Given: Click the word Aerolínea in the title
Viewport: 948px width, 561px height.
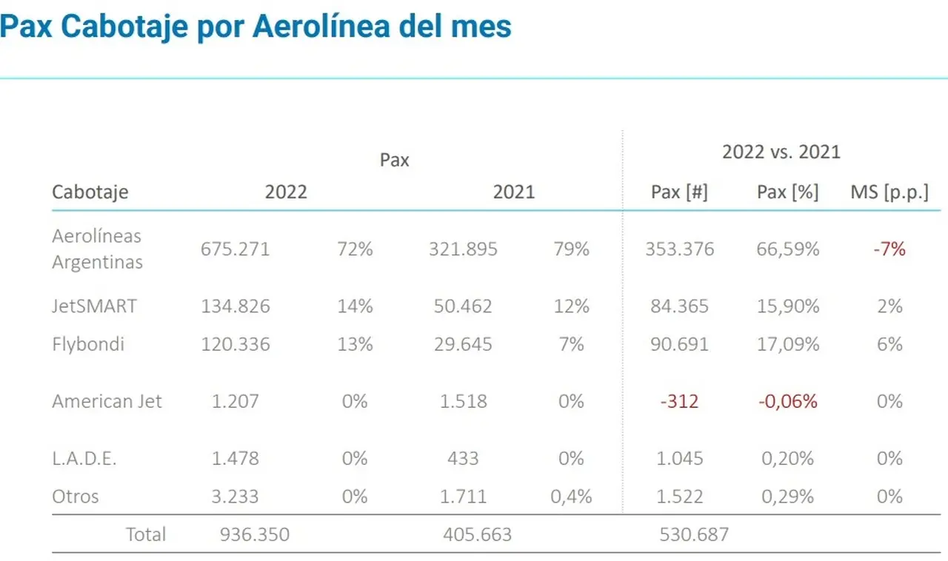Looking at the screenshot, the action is coord(321,26).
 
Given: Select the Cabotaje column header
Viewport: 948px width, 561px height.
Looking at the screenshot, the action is coord(90,192).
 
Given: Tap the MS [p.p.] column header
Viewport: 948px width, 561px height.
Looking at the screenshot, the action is coord(889,192).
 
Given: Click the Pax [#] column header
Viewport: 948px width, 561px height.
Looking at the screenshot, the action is coord(679,192).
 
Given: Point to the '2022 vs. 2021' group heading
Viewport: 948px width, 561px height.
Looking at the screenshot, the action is coord(781,152).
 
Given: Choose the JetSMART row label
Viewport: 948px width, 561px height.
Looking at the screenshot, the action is coord(94,306).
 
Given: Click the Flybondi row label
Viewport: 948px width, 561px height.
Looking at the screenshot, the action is coord(88,344).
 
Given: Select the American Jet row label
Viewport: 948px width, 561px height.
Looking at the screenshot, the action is coord(107,401).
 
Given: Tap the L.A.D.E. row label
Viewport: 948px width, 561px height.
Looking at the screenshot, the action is coord(84,458).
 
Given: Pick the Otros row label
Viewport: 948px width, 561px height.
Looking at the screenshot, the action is coord(76,497).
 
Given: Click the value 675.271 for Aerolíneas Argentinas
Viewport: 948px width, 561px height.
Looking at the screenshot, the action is coord(236,249).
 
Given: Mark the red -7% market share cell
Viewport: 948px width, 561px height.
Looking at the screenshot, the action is coord(889,249).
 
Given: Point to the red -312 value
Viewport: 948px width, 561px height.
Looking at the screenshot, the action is coord(679,401).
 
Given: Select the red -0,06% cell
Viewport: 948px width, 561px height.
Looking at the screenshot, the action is coord(787,401).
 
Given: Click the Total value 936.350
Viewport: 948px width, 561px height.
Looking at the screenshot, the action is coord(255,534).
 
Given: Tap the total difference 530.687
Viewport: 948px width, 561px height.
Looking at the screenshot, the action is coord(694,534).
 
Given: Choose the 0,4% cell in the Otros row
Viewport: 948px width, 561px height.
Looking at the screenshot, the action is coord(571,497).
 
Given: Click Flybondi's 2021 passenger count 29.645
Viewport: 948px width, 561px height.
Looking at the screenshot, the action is coord(463,344).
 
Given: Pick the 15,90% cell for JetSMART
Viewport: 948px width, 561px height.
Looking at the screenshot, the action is coord(787,306).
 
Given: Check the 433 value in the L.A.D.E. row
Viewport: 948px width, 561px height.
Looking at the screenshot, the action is coord(463,458).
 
